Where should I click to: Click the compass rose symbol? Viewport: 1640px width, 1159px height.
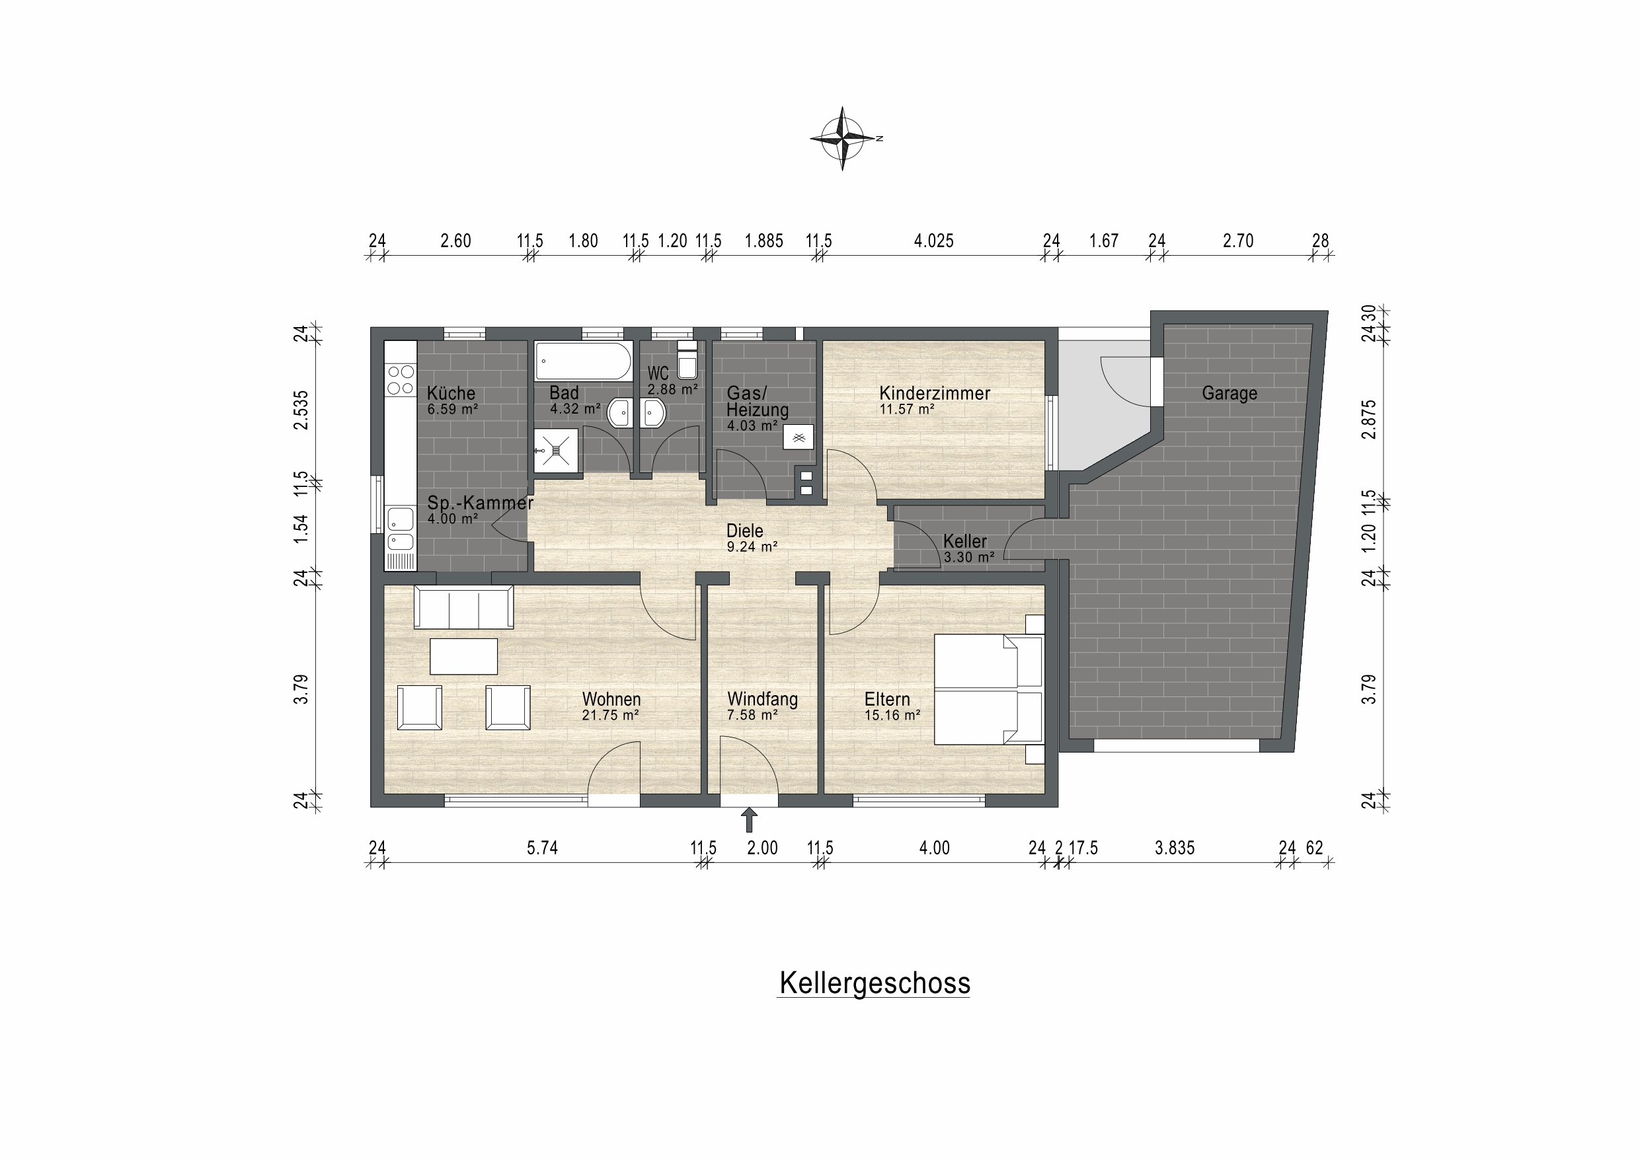[843, 138]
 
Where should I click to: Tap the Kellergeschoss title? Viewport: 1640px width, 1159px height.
[875, 983]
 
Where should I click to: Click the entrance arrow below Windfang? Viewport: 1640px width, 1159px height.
[748, 820]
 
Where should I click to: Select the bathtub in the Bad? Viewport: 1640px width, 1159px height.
[583, 361]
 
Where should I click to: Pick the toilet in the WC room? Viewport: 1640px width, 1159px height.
[687, 359]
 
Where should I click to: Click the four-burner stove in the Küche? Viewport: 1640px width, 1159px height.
[400, 379]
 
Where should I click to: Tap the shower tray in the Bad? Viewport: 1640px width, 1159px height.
[556, 451]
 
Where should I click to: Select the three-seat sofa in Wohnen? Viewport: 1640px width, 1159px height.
[463, 607]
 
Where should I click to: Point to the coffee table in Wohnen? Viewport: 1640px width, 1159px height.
[463, 656]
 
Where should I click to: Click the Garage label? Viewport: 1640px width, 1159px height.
[1230, 393]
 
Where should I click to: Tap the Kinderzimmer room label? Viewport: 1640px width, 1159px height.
[934, 393]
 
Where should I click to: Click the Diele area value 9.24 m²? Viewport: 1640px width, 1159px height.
[752, 547]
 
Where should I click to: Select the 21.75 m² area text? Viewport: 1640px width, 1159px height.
[610, 715]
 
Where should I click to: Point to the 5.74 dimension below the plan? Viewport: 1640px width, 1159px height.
[542, 848]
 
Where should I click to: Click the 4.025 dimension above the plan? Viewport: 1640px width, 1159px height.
[933, 241]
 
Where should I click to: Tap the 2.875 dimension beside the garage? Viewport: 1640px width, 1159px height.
[1368, 419]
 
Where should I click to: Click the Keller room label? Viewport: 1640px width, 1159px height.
[964, 541]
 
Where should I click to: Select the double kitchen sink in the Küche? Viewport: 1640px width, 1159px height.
[400, 530]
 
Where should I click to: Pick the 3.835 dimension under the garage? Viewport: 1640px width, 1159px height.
[1174, 848]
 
